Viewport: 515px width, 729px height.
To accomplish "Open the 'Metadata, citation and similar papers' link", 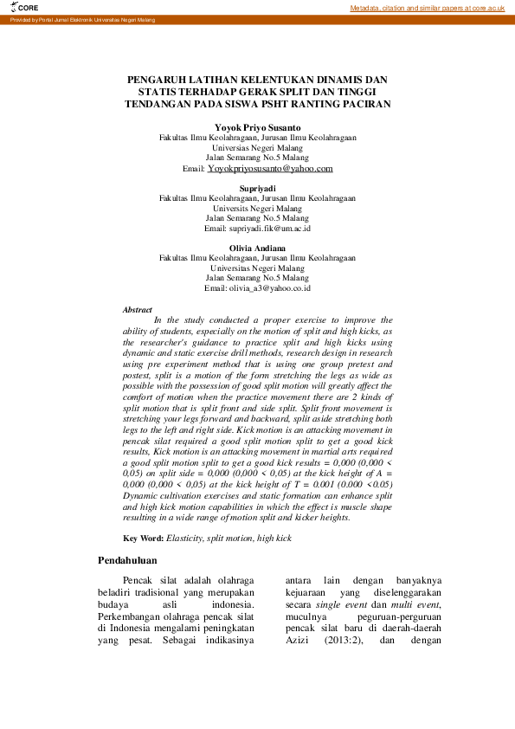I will click(427, 8).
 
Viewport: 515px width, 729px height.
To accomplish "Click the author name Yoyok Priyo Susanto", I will click(257, 127).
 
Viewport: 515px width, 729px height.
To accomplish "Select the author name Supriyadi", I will click(257, 187).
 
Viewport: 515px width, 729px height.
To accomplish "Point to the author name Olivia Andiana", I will click(257, 248).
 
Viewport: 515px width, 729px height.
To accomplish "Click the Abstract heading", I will click(138, 309).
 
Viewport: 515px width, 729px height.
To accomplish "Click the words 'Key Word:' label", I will click(143, 539).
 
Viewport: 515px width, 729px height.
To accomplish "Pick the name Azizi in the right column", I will click(299, 642).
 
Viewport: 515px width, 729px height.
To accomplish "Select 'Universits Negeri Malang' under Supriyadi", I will click(257, 209).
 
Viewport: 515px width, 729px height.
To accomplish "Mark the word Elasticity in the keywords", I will click(187, 539).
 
